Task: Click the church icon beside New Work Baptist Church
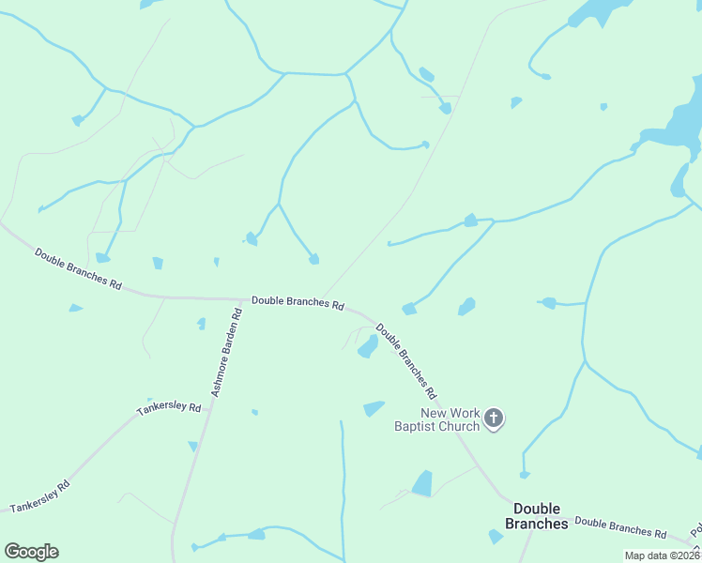click(494, 418)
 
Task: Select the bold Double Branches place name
click(527, 516)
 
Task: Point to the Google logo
click(31, 552)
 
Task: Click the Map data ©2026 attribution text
click(662, 555)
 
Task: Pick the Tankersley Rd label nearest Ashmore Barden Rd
click(169, 409)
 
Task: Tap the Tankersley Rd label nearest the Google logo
click(40, 496)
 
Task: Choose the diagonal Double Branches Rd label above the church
click(406, 357)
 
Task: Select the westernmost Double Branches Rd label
click(78, 268)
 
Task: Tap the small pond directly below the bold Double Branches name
click(496, 537)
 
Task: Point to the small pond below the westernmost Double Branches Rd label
click(75, 308)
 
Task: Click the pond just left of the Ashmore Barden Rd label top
click(201, 324)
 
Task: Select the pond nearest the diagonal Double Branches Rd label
click(368, 347)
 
